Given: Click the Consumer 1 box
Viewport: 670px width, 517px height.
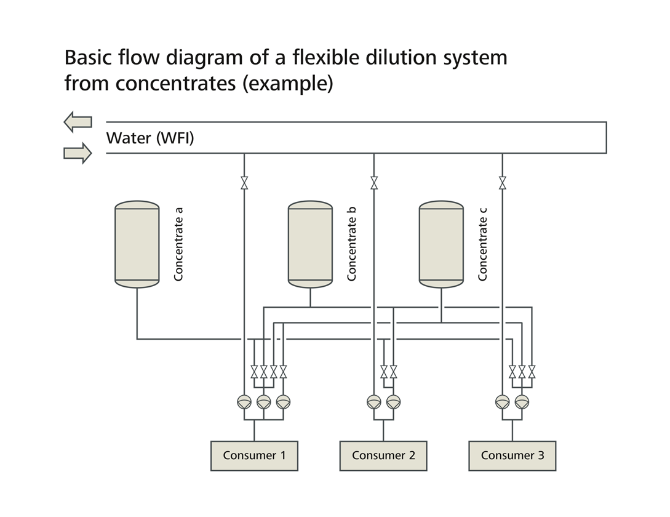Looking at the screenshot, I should click(x=254, y=456).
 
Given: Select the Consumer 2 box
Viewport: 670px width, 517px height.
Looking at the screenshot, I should click(x=383, y=456).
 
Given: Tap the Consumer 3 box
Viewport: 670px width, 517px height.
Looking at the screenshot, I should click(x=512, y=456).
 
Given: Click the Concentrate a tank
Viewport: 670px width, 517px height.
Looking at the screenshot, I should click(x=137, y=244).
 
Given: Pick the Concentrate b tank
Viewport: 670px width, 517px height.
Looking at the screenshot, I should click(x=310, y=244).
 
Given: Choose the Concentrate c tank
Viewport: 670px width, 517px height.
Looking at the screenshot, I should click(x=441, y=244).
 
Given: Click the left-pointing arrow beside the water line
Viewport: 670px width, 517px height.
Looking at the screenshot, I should click(x=78, y=122).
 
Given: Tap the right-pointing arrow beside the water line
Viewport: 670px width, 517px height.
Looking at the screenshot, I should click(x=78, y=153).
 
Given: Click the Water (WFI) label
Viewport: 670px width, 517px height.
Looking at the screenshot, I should click(x=150, y=138).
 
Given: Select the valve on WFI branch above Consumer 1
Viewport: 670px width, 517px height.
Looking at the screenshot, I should click(x=244, y=183).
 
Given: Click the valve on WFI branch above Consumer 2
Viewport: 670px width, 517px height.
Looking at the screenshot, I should click(x=374, y=183).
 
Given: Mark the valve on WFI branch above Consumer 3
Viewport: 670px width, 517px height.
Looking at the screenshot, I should click(x=503, y=183).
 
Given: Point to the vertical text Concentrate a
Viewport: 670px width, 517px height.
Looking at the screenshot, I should click(x=178, y=244).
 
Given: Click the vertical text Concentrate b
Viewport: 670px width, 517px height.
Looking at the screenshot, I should click(x=352, y=244).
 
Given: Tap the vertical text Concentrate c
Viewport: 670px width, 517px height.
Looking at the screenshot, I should click(x=482, y=244).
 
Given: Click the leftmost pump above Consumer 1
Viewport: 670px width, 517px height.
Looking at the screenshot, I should click(x=244, y=402).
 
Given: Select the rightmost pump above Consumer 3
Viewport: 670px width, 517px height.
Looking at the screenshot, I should click(x=522, y=402).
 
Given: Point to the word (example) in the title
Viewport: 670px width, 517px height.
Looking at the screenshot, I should click(x=287, y=82).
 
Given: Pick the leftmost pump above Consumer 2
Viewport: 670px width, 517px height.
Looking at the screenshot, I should click(x=374, y=402).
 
